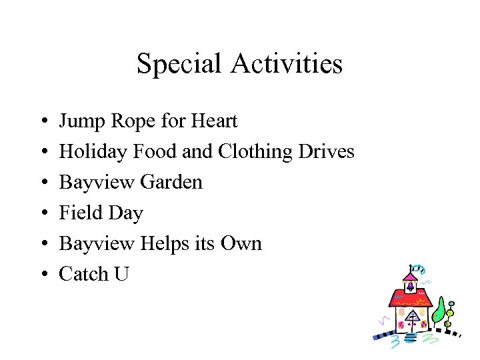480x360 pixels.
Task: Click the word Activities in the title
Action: [x=287, y=64]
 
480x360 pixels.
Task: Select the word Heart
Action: [x=213, y=121]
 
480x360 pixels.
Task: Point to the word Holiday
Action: [x=93, y=152]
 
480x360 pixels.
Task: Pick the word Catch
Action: [x=84, y=273]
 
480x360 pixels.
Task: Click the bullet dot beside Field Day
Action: [x=42, y=213]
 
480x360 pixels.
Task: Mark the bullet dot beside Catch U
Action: [x=42, y=274]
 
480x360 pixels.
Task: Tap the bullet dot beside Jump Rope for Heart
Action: [x=42, y=122]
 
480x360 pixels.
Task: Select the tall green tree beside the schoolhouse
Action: [x=438, y=309]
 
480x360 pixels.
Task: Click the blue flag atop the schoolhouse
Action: [x=417, y=269]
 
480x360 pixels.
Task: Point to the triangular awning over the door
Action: [x=413, y=314]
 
